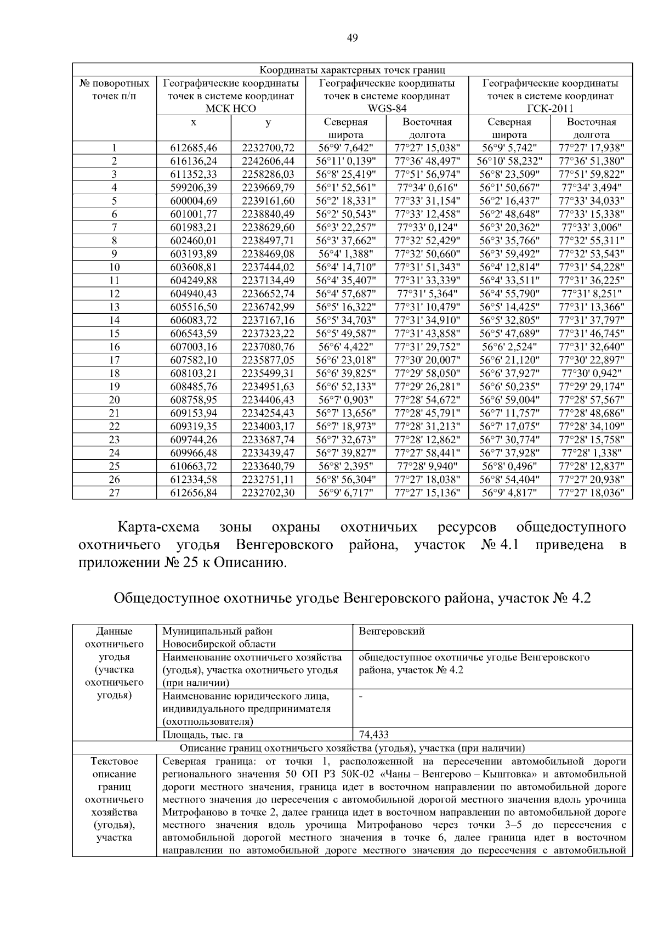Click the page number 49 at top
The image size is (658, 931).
coord(352,38)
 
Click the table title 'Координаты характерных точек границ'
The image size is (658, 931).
coord(352,70)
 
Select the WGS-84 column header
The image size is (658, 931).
coord(387,109)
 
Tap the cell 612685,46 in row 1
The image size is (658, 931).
coord(194,148)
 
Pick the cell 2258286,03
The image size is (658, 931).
coord(268,174)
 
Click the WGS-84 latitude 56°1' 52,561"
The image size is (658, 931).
coord(345,188)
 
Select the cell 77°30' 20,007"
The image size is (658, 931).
coord(427,360)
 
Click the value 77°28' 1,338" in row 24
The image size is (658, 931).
coord(591,453)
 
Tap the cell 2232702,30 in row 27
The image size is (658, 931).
coord(268,493)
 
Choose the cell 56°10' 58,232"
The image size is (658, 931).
coord(509,161)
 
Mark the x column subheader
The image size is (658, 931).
coord(194,122)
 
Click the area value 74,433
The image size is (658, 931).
coord(373,735)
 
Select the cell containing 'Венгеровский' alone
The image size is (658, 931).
coord(392,631)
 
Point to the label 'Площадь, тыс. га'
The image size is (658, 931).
coord(203,735)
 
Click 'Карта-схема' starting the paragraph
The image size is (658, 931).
coord(159,528)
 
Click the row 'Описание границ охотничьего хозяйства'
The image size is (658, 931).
coord(352,748)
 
